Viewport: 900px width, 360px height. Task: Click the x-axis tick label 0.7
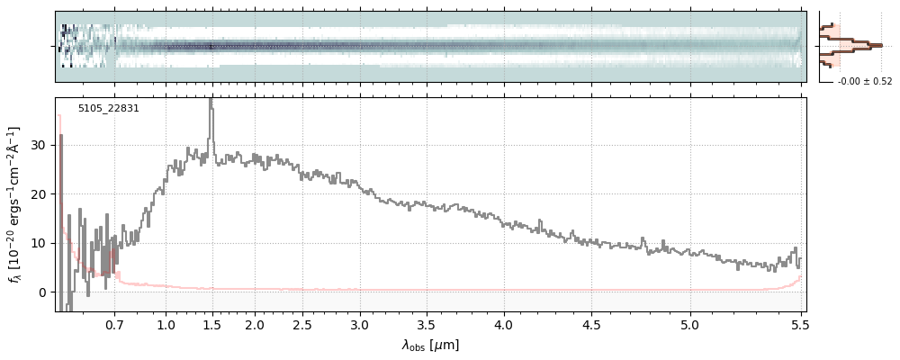coord(113,324)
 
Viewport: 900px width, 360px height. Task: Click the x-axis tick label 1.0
coord(166,324)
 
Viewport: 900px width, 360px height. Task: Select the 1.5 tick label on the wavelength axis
coord(212,324)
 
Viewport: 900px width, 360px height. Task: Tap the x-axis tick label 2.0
coord(255,324)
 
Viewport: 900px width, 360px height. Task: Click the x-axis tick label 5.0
coord(690,324)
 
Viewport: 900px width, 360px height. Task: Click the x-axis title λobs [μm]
coord(430,345)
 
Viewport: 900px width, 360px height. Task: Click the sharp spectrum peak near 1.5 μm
coord(211,101)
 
